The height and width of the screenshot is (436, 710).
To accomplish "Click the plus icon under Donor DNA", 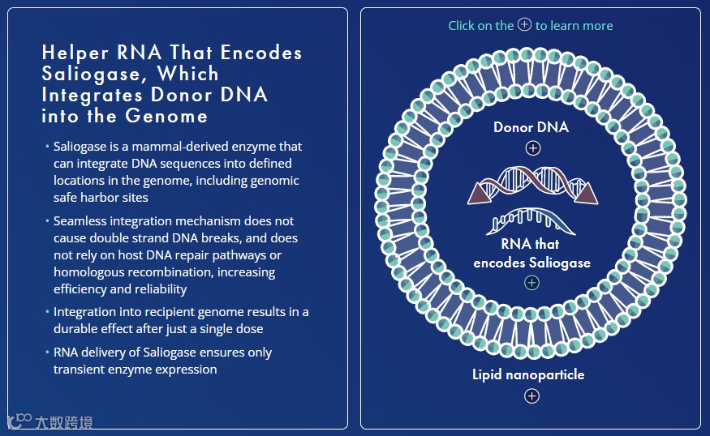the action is tap(532, 148).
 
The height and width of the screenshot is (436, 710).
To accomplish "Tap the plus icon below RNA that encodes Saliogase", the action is tap(531, 283).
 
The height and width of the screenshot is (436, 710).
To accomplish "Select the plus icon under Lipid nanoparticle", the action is tap(531, 396).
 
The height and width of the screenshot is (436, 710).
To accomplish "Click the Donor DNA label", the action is tap(531, 127).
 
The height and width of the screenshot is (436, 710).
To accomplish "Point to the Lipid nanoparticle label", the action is tap(528, 374).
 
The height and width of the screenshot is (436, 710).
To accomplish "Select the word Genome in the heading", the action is tap(167, 116).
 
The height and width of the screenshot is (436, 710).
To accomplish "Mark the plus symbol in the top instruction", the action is tap(524, 25).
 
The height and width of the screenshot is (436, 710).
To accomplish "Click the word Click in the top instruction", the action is tap(462, 26).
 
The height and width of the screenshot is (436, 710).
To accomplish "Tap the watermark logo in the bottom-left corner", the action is tap(19, 421).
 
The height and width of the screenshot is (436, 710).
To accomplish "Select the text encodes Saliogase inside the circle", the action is tap(531, 263).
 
